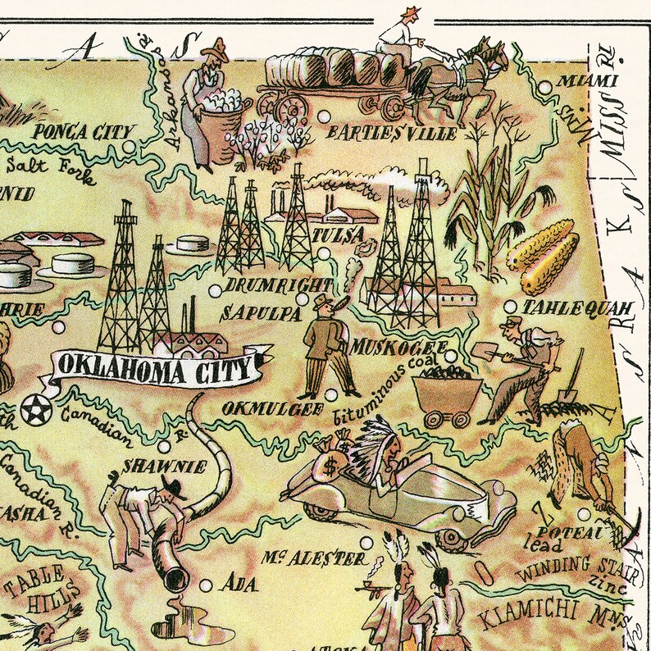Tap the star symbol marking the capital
click(x=35, y=407)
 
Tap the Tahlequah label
click(x=578, y=308)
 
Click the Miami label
click(x=585, y=81)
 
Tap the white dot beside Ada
click(x=207, y=585)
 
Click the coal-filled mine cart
click(x=444, y=396)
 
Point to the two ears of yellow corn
click(x=541, y=256)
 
